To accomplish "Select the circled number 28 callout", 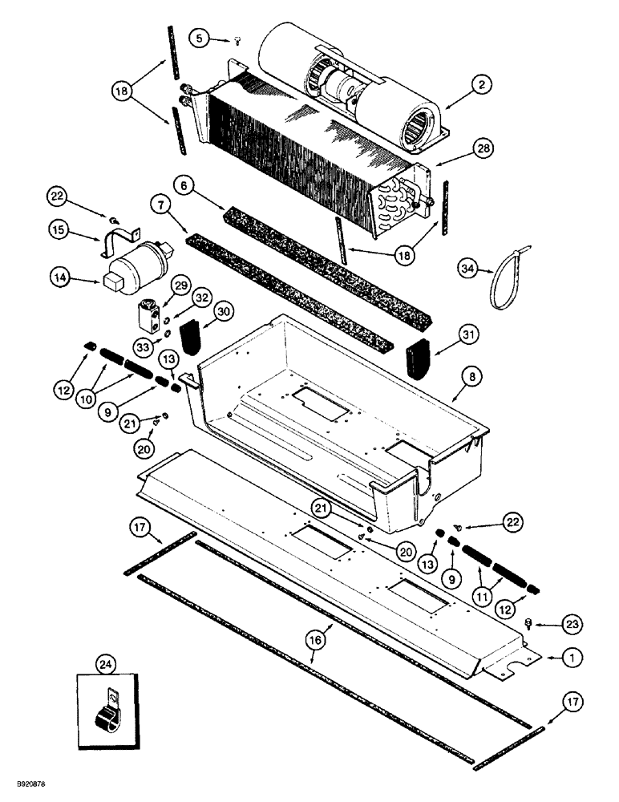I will click(483, 149).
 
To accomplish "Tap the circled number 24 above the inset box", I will click(104, 663).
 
